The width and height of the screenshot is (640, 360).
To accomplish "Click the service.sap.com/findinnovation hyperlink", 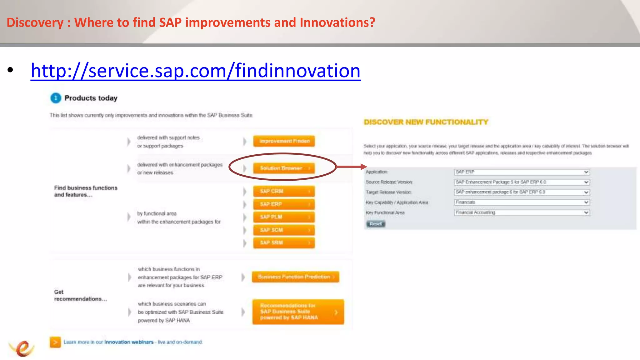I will [x=195, y=71].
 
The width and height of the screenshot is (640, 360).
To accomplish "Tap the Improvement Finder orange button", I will [x=284, y=141].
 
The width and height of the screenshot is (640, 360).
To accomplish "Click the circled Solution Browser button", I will [x=284, y=168].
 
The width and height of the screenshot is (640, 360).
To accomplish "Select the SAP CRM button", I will [x=284, y=191].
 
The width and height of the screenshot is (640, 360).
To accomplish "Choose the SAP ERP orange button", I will [x=284, y=204].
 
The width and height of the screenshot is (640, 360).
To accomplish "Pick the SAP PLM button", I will [x=284, y=217].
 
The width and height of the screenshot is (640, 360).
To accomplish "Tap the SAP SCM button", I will [x=284, y=230].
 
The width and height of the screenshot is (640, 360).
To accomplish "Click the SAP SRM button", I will [x=284, y=243].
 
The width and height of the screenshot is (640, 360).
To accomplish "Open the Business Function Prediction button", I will [x=295, y=277].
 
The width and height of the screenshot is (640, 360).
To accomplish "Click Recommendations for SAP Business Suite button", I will [x=298, y=312].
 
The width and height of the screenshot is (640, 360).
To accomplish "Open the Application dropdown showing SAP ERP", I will [x=522, y=172].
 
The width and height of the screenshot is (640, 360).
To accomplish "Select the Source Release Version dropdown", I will [x=522, y=182].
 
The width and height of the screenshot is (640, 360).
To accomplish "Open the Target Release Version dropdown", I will [x=522, y=192].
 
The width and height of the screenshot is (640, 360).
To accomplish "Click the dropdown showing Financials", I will [x=522, y=202].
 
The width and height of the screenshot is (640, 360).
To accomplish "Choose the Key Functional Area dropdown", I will [x=522, y=212].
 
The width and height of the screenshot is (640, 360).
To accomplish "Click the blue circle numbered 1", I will [x=56, y=98].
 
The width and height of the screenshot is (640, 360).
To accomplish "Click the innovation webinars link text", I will [x=129, y=342].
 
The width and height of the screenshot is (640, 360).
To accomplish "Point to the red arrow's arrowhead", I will [x=364, y=167].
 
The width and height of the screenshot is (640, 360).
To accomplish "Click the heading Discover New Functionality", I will [x=426, y=122].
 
